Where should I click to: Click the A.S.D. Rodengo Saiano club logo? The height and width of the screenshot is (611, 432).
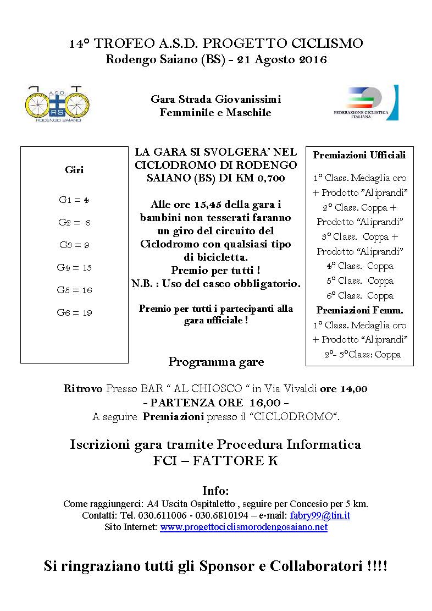[58, 103]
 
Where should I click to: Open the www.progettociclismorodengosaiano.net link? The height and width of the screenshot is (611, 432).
[243, 527]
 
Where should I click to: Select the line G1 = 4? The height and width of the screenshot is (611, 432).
[74, 200]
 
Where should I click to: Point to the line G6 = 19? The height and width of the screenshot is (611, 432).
[74, 313]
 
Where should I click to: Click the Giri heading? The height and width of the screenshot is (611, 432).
[74, 170]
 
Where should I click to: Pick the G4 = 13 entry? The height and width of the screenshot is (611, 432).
[74, 268]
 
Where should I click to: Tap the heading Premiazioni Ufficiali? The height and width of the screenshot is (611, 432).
[359, 155]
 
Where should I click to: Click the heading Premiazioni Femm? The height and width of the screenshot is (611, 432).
[359, 310]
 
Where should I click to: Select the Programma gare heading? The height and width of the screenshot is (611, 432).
[216, 362]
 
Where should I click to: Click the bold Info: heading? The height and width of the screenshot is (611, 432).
[215, 491]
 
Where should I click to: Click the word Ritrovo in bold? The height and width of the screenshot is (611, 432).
[83, 389]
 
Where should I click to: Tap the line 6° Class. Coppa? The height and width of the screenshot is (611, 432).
[360, 296]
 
